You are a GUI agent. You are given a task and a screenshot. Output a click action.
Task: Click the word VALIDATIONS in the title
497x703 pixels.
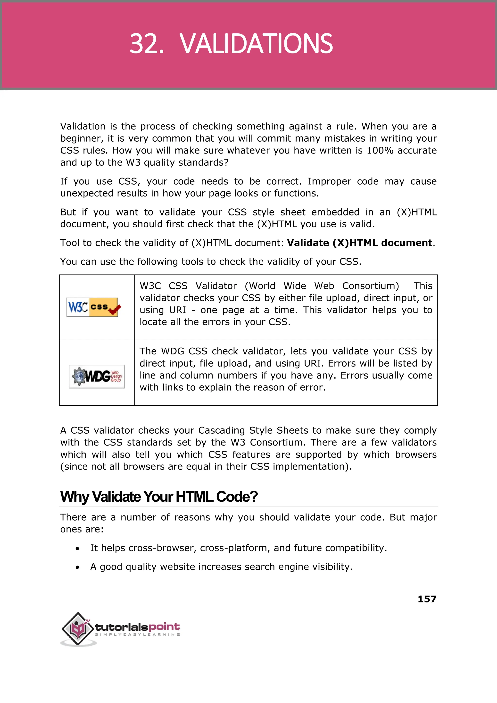[x=256, y=44]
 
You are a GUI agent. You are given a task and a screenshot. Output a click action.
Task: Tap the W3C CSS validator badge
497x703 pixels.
[x=93, y=307]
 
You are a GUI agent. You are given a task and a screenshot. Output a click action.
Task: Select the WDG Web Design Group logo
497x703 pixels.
[x=97, y=377]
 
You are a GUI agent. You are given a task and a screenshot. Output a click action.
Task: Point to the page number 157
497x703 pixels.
[x=427, y=599]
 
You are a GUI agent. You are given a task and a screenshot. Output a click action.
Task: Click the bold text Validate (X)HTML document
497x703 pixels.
[x=360, y=243]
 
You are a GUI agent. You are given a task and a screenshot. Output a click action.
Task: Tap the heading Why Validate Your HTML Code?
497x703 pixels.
[x=159, y=497]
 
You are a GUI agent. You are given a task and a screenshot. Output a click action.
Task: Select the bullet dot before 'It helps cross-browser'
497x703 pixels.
[x=77, y=549]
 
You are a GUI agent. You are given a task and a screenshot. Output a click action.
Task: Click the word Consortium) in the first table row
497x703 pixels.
[x=370, y=286]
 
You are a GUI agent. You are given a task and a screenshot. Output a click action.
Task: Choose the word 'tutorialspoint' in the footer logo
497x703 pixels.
[x=137, y=627]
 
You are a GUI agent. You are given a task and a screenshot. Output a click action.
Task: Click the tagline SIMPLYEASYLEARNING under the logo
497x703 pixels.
[x=137, y=634]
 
